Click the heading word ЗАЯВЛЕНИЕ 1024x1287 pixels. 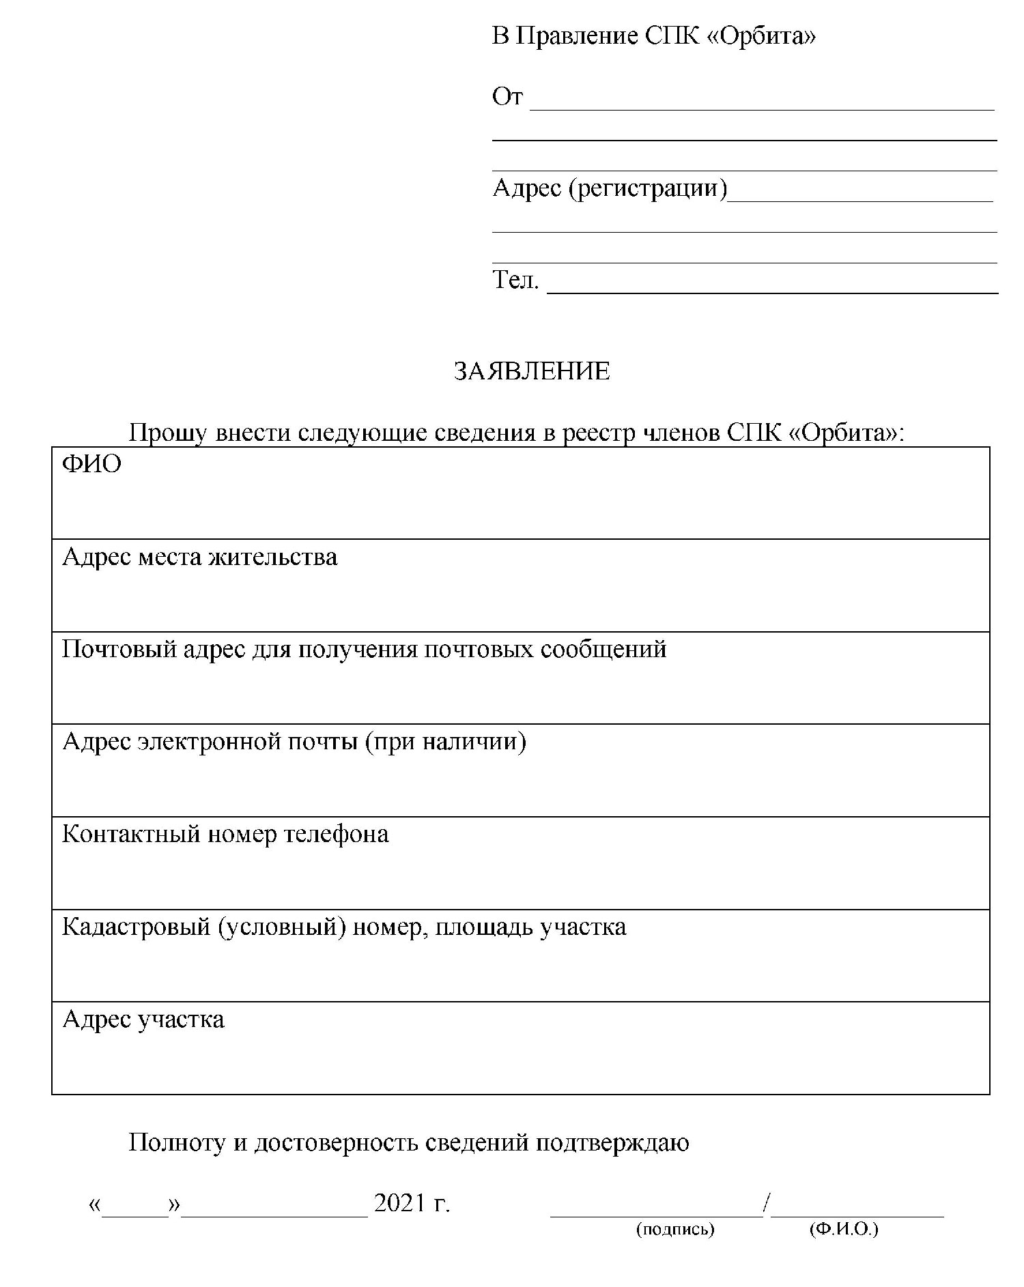point(532,371)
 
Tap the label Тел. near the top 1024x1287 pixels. point(515,279)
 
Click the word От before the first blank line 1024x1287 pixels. point(507,97)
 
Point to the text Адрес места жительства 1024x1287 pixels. point(199,557)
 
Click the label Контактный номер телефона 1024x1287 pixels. point(225,834)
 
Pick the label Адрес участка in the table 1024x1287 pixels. point(143,1020)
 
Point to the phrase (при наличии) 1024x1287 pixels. point(446,741)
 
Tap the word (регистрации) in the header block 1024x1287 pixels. point(648,188)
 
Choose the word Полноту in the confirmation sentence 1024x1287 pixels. point(177,1142)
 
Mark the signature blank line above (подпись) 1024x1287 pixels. point(657,1214)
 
